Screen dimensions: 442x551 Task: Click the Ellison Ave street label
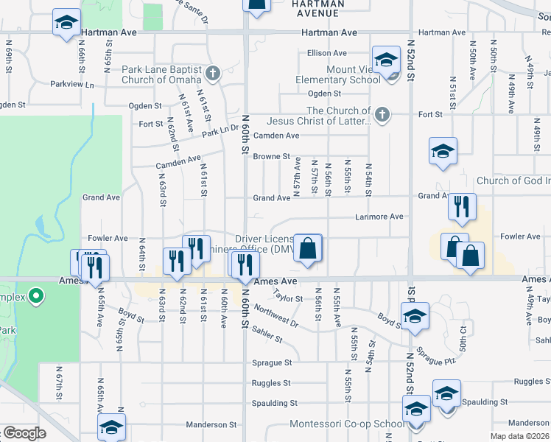coord(327,53)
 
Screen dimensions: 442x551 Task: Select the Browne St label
coord(271,156)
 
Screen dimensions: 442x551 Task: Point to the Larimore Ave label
coord(379,217)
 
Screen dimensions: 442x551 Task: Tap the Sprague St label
coord(272,362)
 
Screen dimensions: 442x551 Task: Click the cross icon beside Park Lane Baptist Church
coord(213,73)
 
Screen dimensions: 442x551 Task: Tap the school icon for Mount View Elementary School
coord(385,61)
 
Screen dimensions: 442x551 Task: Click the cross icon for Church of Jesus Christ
coord(381,114)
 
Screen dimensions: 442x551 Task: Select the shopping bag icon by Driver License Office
coord(307,248)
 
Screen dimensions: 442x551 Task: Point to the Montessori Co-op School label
coord(347,424)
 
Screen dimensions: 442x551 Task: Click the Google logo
coord(23,433)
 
